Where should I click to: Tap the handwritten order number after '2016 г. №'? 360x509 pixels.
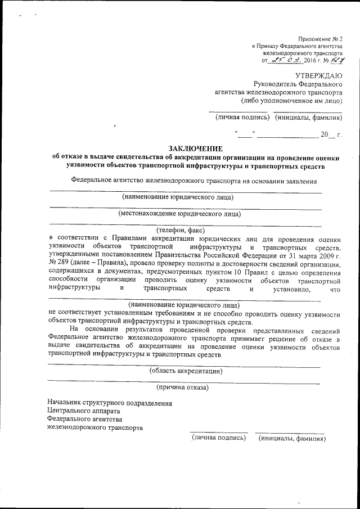(336, 59)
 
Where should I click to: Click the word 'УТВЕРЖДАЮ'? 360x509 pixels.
(318, 75)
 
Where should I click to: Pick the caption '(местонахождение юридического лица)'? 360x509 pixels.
(179, 213)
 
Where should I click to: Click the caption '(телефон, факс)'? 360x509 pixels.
(180, 229)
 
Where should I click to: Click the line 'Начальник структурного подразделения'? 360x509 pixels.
(110, 403)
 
